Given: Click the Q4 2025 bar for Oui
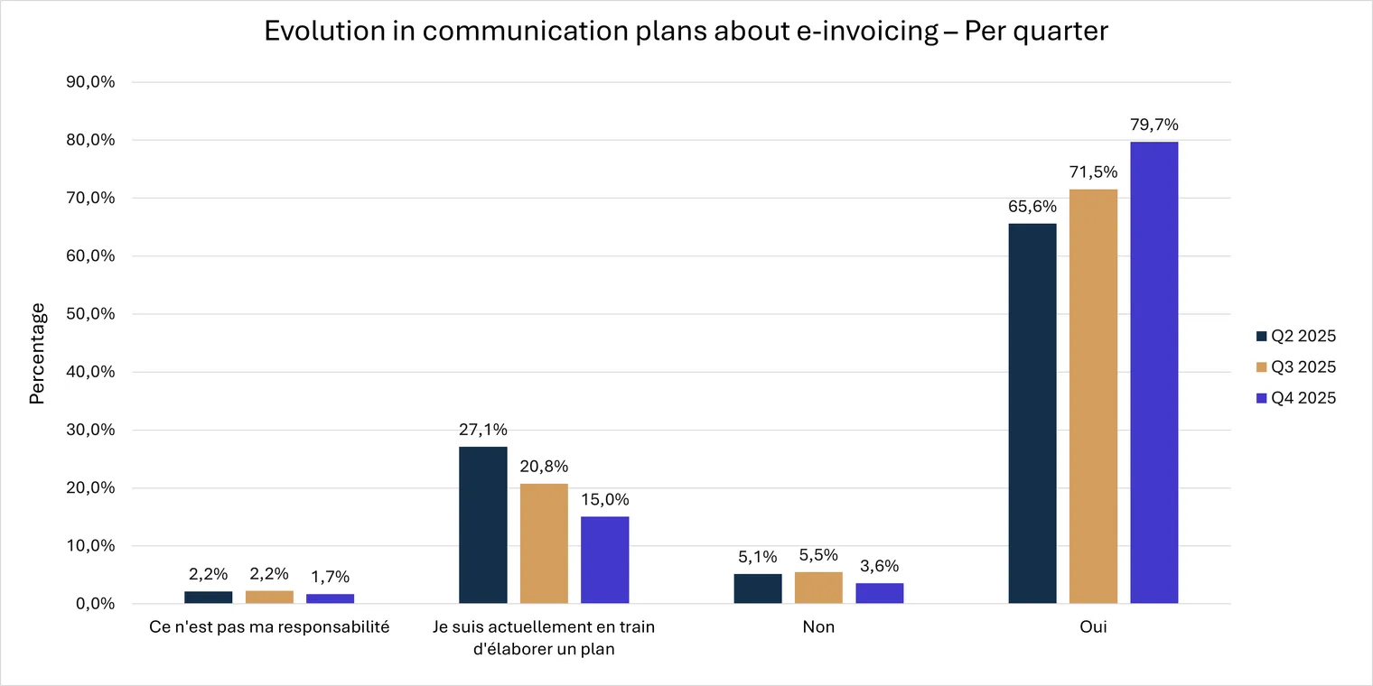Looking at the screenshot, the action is (1154, 373).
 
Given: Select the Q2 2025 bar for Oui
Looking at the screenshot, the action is (1032, 413).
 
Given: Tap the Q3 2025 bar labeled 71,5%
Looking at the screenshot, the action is (1094, 396).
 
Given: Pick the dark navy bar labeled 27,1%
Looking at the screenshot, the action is (483, 525).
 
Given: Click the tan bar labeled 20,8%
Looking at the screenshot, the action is (545, 543).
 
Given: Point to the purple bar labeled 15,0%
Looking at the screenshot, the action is (605, 560).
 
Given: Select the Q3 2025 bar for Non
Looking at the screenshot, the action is (819, 588).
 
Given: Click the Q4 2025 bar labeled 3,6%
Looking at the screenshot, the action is (880, 594).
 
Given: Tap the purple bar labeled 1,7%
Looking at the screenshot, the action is (331, 599).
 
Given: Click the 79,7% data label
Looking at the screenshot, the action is (1154, 125).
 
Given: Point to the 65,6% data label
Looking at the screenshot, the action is (1032, 207).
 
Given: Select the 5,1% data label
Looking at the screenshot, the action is (758, 557).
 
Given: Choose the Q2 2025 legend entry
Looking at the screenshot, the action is (1295, 336).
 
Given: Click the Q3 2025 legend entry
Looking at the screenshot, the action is (1295, 366).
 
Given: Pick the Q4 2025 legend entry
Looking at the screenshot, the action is (1295, 397).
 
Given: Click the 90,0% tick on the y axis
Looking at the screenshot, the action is (90, 82).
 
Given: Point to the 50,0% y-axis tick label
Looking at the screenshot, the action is (90, 313).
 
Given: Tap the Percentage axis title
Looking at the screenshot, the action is (37, 354).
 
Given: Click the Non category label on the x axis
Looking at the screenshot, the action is (819, 626).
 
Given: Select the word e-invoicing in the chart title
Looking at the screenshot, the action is (867, 32).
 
